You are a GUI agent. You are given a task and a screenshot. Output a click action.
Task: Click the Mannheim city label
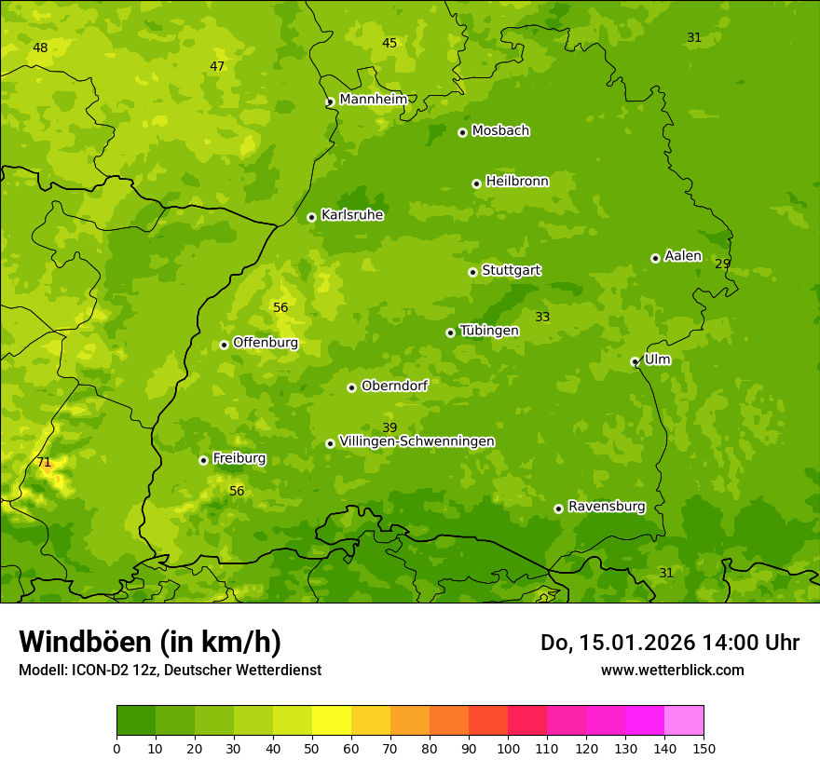tap(373, 99)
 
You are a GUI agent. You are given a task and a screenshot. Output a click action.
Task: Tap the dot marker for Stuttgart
tap(472, 272)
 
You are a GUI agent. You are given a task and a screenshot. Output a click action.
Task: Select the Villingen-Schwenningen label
tap(417, 441)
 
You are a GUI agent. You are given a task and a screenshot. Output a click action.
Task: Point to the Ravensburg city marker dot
tap(558, 509)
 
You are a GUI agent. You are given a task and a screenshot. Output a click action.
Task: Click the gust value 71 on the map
tap(44, 463)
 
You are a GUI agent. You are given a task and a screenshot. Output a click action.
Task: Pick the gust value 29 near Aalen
tap(722, 264)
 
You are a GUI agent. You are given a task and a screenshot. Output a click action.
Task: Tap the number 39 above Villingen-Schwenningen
tap(389, 427)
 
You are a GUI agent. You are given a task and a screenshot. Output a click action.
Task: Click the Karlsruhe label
tap(352, 215)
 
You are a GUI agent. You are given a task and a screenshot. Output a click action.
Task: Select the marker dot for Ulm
tap(635, 361)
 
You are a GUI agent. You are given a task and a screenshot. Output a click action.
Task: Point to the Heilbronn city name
tap(517, 182)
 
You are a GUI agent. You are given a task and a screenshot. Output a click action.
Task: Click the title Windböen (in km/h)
tap(150, 642)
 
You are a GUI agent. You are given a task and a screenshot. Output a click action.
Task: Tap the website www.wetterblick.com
tap(672, 670)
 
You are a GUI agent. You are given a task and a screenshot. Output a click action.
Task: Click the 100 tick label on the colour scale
tap(508, 748)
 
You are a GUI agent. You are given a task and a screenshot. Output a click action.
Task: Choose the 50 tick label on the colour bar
tap(312, 748)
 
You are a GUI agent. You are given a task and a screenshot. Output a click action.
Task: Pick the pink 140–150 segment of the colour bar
tap(684, 721)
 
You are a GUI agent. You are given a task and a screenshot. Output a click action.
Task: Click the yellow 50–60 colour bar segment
tap(332, 721)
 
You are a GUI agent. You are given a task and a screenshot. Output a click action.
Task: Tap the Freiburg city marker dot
tap(203, 460)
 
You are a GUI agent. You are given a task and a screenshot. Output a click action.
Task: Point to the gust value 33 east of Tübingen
tap(542, 317)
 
